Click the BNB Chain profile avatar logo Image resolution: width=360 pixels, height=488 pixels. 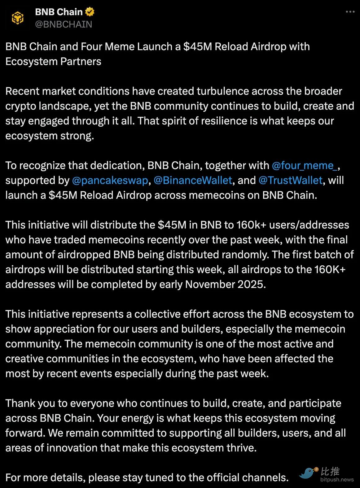(x=18, y=18)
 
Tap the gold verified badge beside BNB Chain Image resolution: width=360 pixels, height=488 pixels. (x=90, y=12)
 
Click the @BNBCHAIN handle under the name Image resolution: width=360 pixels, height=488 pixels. (x=64, y=24)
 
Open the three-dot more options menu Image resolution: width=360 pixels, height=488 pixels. (x=350, y=12)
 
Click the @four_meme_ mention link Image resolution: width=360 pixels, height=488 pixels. (x=304, y=165)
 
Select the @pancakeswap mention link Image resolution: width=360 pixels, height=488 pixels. (x=110, y=180)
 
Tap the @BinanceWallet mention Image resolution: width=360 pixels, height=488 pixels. (x=193, y=180)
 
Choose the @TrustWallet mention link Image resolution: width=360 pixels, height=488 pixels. (x=290, y=180)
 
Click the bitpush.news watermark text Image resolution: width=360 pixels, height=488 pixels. (x=337, y=480)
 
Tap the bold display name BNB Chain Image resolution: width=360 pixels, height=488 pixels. (x=59, y=12)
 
